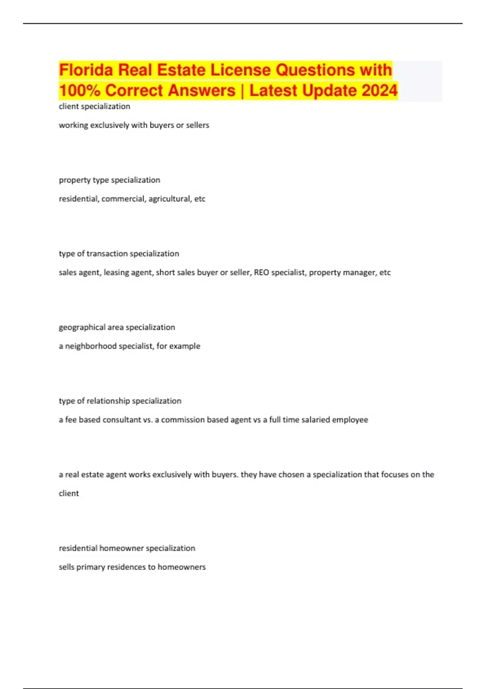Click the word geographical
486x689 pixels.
[79, 327]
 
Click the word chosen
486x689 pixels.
[292, 475]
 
